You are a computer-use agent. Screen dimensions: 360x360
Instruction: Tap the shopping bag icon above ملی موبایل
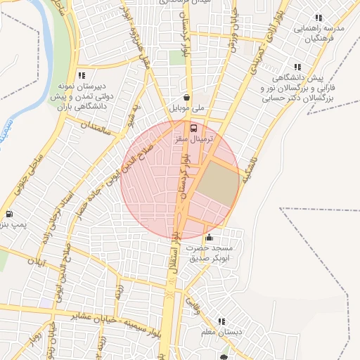pyautogui.click(x=186, y=98)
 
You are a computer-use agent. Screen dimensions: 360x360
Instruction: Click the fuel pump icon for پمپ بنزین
pyautogui.click(x=8, y=214)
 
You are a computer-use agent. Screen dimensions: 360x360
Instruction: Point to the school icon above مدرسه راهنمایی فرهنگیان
pyautogui.click(x=318, y=18)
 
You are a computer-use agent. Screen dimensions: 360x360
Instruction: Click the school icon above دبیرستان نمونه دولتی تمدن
pyautogui.click(x=82, y=75)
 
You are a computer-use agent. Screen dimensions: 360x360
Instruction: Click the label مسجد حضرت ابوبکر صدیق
pyautogui.click(x=214, y=253)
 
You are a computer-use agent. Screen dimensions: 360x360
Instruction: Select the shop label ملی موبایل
pyautogui.click(x=188, y=109)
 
